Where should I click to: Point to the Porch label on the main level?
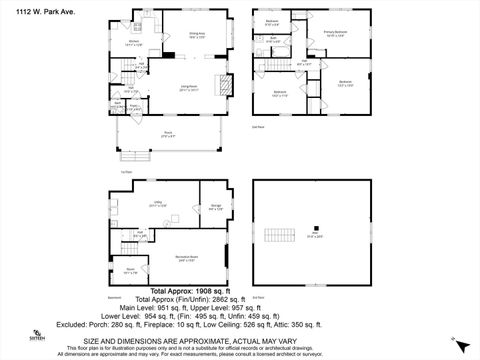168,132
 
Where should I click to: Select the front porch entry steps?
132,156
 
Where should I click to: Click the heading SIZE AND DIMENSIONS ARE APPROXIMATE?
239,341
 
